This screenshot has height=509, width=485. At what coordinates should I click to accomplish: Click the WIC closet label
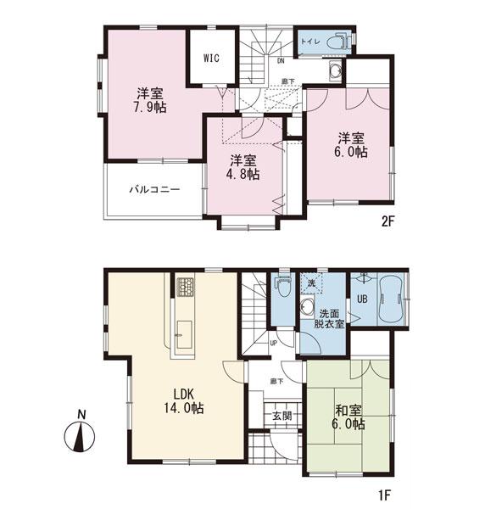click(x=212, y=58)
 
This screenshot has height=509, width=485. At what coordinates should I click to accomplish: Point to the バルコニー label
click(x=153, y=189)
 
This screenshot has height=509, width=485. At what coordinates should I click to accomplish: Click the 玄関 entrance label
click(x=282, y=416)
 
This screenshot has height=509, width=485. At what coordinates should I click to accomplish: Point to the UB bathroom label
click(x=361, y=299)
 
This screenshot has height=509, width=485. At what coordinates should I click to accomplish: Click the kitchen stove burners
click(x=186, y=287)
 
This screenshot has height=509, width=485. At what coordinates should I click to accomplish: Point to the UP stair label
click(x=273, y=344)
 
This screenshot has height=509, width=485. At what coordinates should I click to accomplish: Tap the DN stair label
click(x=281, y=61)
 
